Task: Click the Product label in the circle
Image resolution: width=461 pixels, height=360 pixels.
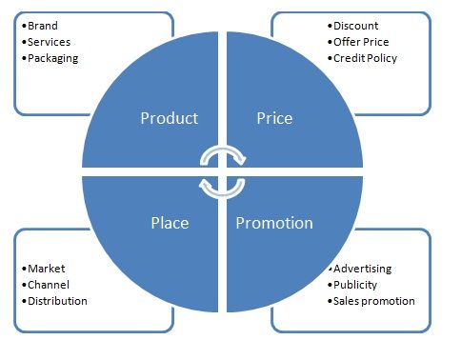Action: click(169, 119)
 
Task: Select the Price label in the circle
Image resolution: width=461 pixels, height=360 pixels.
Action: click(274, 119)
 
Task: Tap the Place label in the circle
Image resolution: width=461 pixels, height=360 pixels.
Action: click(169, 223)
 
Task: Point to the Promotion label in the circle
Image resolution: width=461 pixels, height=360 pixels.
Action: click(274, 223)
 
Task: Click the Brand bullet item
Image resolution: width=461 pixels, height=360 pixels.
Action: click(43, 26)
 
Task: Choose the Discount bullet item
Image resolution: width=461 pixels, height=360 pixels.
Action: click(354, 26)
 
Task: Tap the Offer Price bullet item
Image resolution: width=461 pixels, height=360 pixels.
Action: click(360, 42)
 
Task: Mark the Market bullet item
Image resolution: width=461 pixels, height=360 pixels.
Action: click(46, 269)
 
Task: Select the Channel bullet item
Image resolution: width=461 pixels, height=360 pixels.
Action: click(49, 285)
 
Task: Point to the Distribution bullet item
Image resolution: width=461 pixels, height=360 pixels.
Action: click(57, 301)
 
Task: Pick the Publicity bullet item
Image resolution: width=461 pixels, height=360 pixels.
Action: click(356, 285)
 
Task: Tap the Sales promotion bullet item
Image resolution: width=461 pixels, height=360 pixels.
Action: click(373, 301)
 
